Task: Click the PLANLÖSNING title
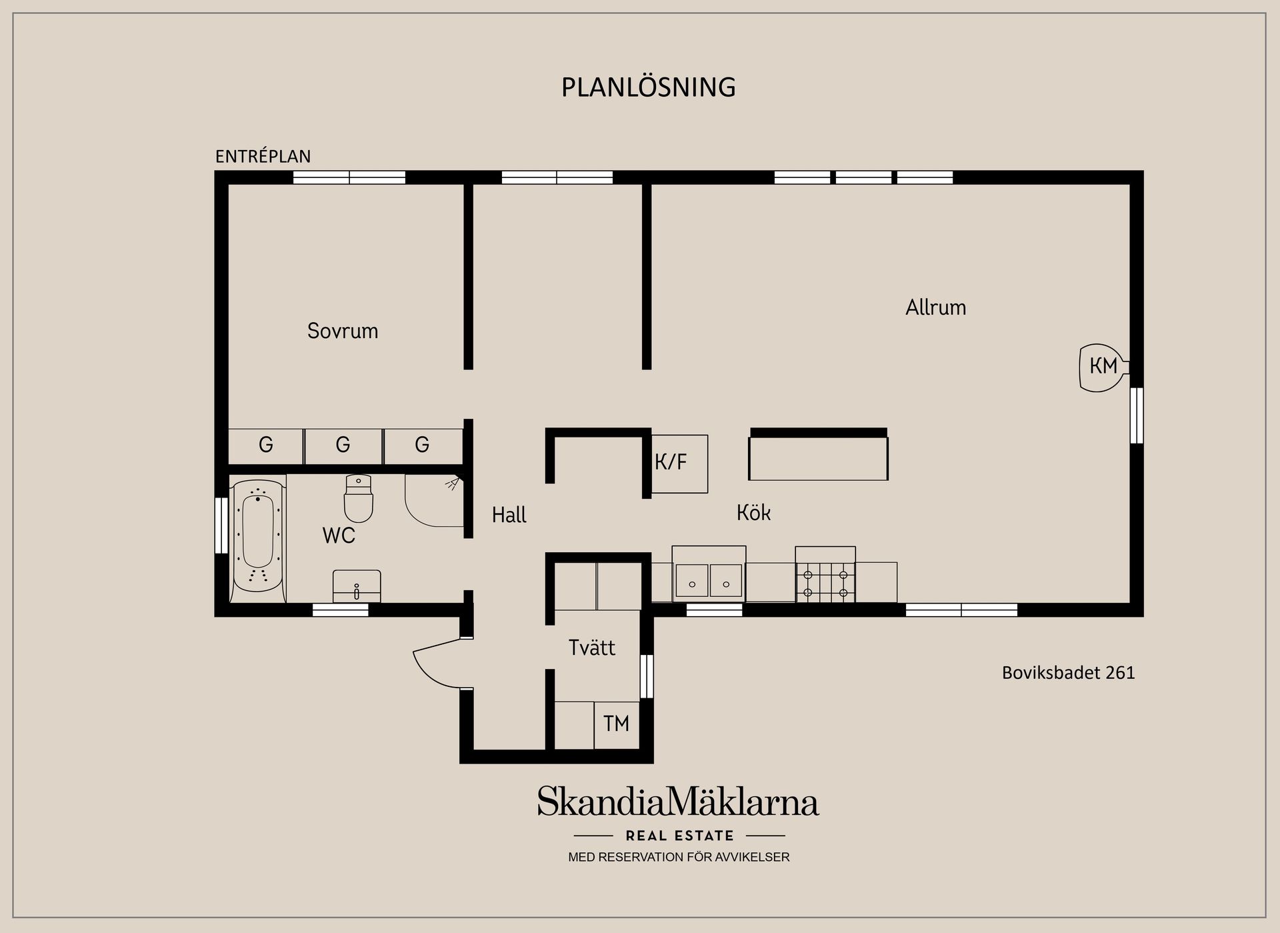[648, 87]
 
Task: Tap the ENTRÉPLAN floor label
[263, 156]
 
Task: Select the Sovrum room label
[342, 331]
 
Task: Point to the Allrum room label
[935, 307]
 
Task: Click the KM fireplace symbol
[1103, 367]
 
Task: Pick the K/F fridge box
[679, 463]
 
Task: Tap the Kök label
[753, 513]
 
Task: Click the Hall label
[509, 515]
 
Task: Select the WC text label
[339, 536]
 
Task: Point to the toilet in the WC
[359, 500]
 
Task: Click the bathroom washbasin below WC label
[357, 586]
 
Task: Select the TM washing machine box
[616, 724]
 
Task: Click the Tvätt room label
[591, 648]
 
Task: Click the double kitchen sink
[708, 580]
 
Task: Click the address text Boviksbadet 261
[1068, 673]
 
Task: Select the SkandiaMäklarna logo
[678, 802]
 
